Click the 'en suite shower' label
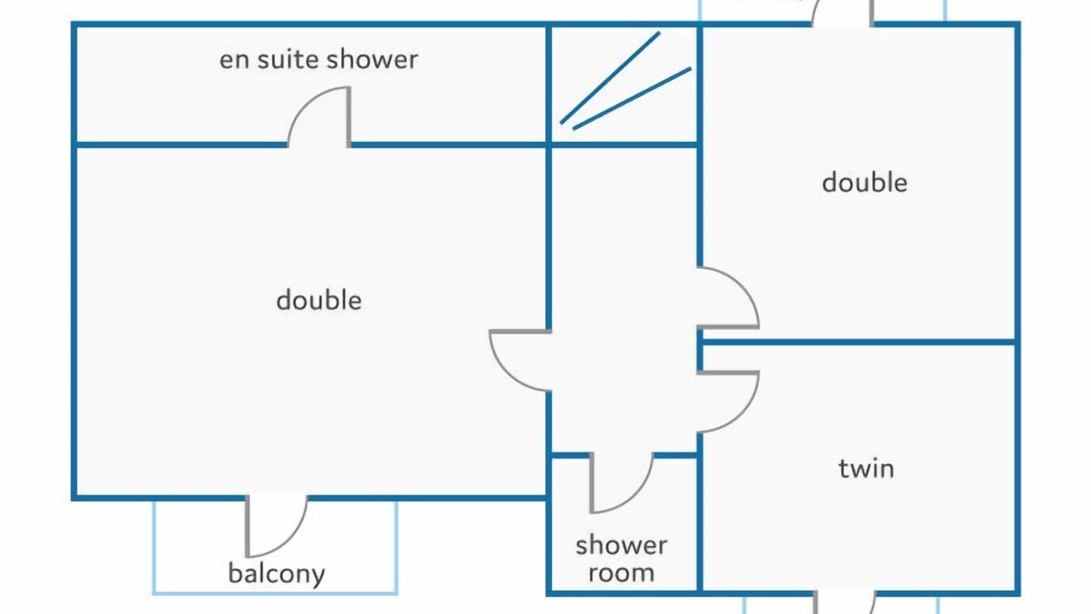pyautogui.click(x=319, y=60)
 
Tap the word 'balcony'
pyautogui.click(x=276, y=574)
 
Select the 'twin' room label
pyautogui.click(x=866, y=469)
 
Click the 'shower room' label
pyautogui.click(x=621, y=559)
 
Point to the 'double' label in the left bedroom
pyautogui.click(x=319, y=299)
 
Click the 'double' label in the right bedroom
pyautogui.click(x=864, y=182)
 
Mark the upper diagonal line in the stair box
pyautogui.click(x=609, y=78)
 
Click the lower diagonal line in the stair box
pyautogui.click(x=632, y=98)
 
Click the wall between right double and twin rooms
pyautogui.click(x=858, y=343)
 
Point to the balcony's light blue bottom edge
pyautogui.click(x=275, y=593)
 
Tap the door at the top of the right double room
pyautogui.click(x=841, y=12)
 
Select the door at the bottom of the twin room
pyautogui.click(x=845, y=603)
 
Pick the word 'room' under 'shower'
pyautogui.click(x=621, y=572)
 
